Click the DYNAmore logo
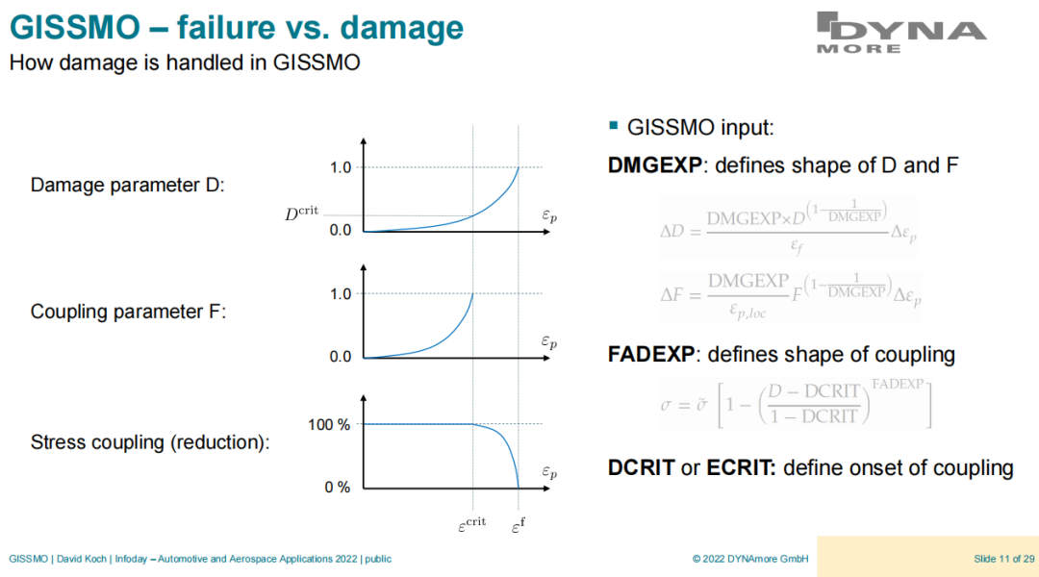[901, 33]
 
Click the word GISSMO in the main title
[75, 28]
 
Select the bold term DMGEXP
[655, 165]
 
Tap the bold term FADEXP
[650, 355]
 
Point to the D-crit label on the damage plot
[301, 213]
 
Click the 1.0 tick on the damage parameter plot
[341, 167]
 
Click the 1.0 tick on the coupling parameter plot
[341, 294]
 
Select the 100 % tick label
[329, 425]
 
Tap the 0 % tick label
[338, 488]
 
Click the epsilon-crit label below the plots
[471, 525]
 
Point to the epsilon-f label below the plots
[519, 526]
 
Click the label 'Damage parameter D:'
[128, 185]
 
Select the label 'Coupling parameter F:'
[129, 312]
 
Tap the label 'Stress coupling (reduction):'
[150, 442]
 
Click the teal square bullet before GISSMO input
[613, 125]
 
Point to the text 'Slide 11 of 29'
[1003, 559]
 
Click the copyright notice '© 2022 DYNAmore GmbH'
[750, 559]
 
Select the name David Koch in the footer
[82, 559]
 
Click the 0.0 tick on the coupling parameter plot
[341, 357]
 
